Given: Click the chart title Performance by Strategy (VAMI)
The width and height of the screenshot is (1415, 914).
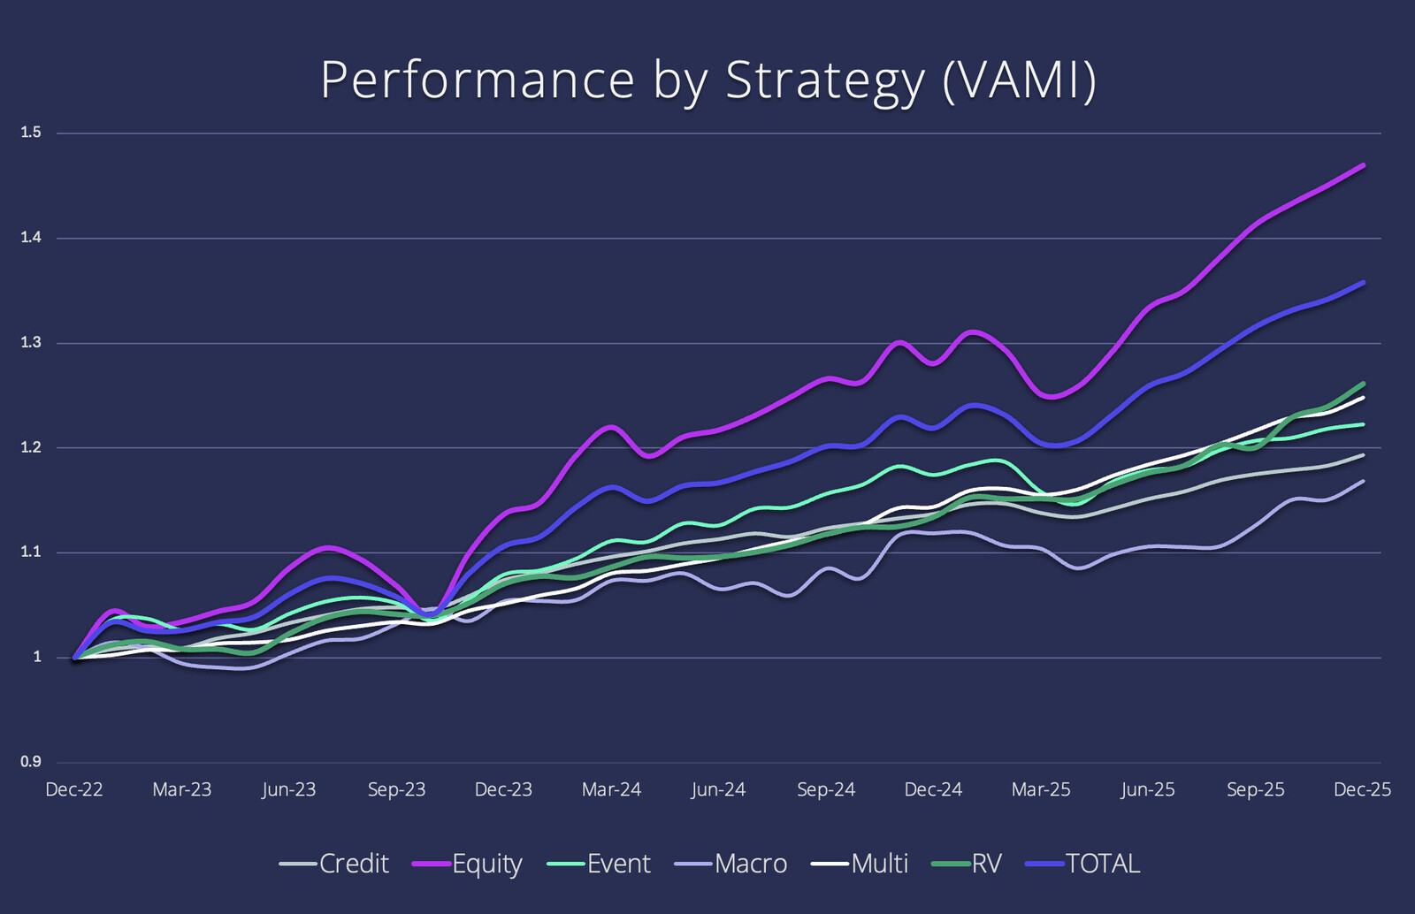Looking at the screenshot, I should point(707,80).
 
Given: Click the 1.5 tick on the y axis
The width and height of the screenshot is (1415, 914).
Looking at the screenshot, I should point(31,133).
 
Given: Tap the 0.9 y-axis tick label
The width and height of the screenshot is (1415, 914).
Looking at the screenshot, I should point(31,762).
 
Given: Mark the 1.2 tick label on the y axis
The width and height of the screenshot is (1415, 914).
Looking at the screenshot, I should point(31,448).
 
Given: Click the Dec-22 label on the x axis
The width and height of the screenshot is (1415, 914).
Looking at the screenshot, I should point(74,789).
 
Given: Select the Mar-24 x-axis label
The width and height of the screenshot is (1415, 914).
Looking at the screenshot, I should point(611,789).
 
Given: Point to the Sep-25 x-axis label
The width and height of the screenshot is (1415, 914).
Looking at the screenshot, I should point(1255,789).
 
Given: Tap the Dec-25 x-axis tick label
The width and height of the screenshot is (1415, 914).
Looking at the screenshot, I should point(1362,789).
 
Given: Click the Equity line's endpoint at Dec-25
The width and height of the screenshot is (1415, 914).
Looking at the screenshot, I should point(1364,165).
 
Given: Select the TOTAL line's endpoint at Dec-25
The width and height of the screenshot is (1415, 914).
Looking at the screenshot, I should point(1364,283).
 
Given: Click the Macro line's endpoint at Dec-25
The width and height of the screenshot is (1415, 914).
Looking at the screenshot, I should point(1364,482).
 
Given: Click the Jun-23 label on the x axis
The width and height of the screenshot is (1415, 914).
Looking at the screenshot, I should point(288,789).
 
